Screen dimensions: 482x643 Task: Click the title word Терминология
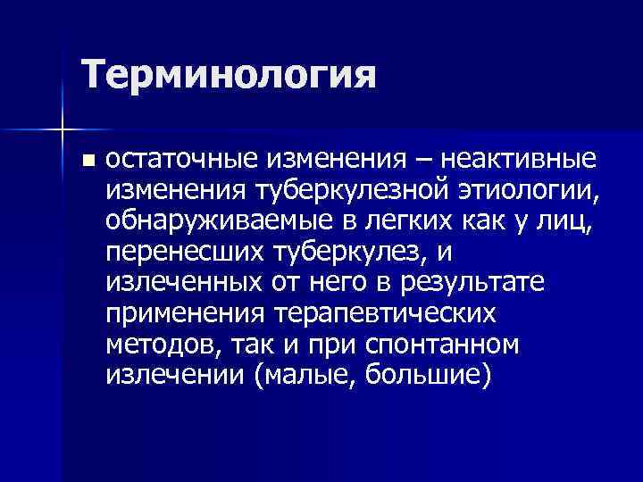pos(229,76)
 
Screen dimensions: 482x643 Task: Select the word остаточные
pos(182,161)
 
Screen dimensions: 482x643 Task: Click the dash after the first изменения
pos(413,161)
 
